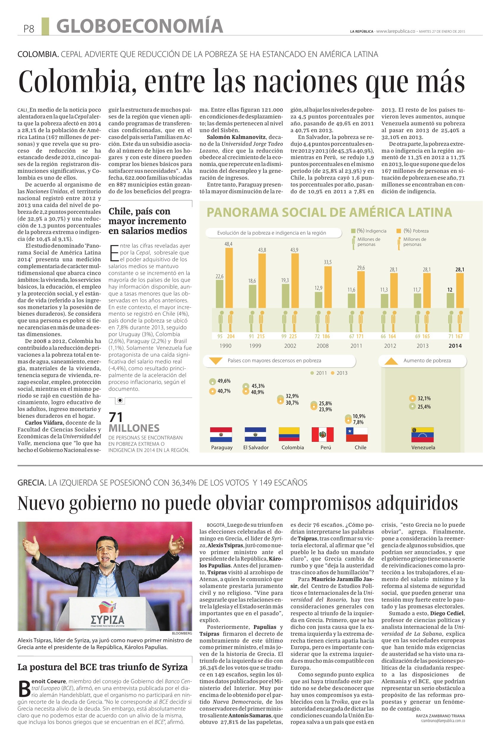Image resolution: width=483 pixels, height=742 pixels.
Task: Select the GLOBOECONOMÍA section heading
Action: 140,26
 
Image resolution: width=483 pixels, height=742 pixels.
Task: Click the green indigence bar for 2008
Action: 318,300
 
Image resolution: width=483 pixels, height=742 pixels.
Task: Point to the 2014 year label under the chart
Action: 455,346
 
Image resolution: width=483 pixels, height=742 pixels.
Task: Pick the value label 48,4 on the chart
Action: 228,244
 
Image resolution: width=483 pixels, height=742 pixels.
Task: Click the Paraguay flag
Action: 221,435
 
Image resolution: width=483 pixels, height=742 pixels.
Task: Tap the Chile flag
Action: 357,435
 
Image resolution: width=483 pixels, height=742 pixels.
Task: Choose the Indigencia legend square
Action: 353,231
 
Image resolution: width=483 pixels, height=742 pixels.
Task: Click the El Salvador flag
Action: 255,435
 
